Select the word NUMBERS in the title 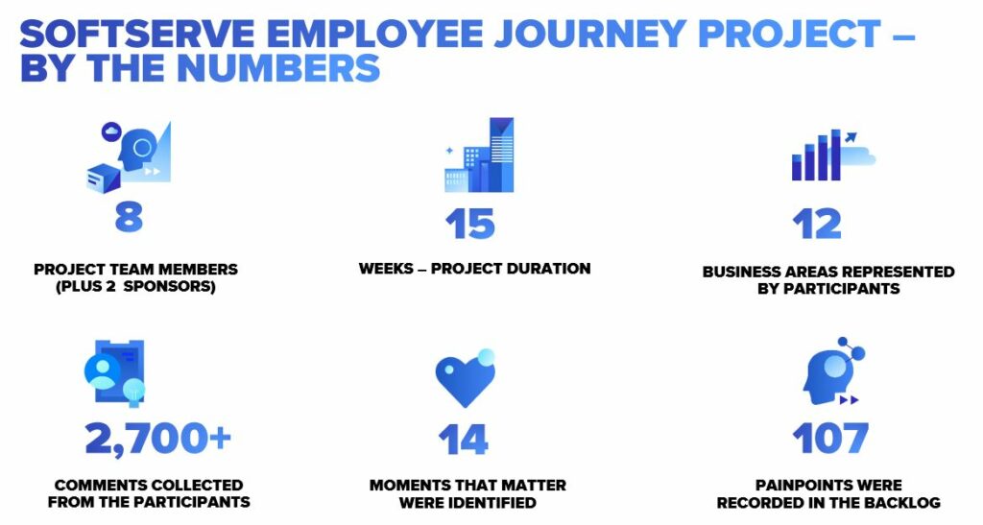(278, 68)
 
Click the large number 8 (130, 218)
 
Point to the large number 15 (470, 225)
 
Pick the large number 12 (816, 224)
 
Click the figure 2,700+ (158, 439)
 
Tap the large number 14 (464, 440)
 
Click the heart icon (466, 378)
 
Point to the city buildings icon (479, 155)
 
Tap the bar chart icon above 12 (833, 155)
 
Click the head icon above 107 (833, 370)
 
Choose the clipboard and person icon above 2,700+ (115, 373)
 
